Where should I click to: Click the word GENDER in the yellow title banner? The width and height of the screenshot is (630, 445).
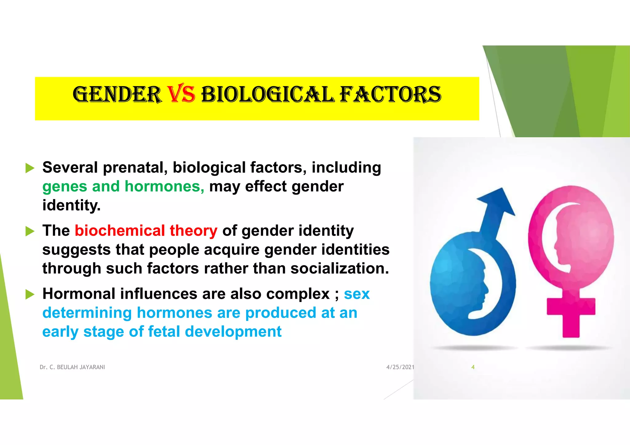point(117,95)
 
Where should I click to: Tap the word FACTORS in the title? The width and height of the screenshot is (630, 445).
point(391,94)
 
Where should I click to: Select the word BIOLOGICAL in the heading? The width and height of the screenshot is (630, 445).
point(267,94)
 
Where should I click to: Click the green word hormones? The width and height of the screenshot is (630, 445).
point(164,187)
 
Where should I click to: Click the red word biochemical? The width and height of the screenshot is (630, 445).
point(120,231)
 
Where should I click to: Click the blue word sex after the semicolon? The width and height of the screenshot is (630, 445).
point(357,294)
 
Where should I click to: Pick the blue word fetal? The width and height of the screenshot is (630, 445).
point(164,332)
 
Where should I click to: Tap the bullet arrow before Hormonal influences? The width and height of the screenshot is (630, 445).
point(30,294)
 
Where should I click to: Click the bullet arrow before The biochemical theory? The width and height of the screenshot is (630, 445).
point(30,231)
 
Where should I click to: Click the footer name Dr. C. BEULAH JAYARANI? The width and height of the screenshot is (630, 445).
point(72,367)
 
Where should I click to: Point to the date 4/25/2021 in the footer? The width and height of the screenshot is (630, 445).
point(400,367)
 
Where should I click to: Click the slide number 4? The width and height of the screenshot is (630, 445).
point(473,367)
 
